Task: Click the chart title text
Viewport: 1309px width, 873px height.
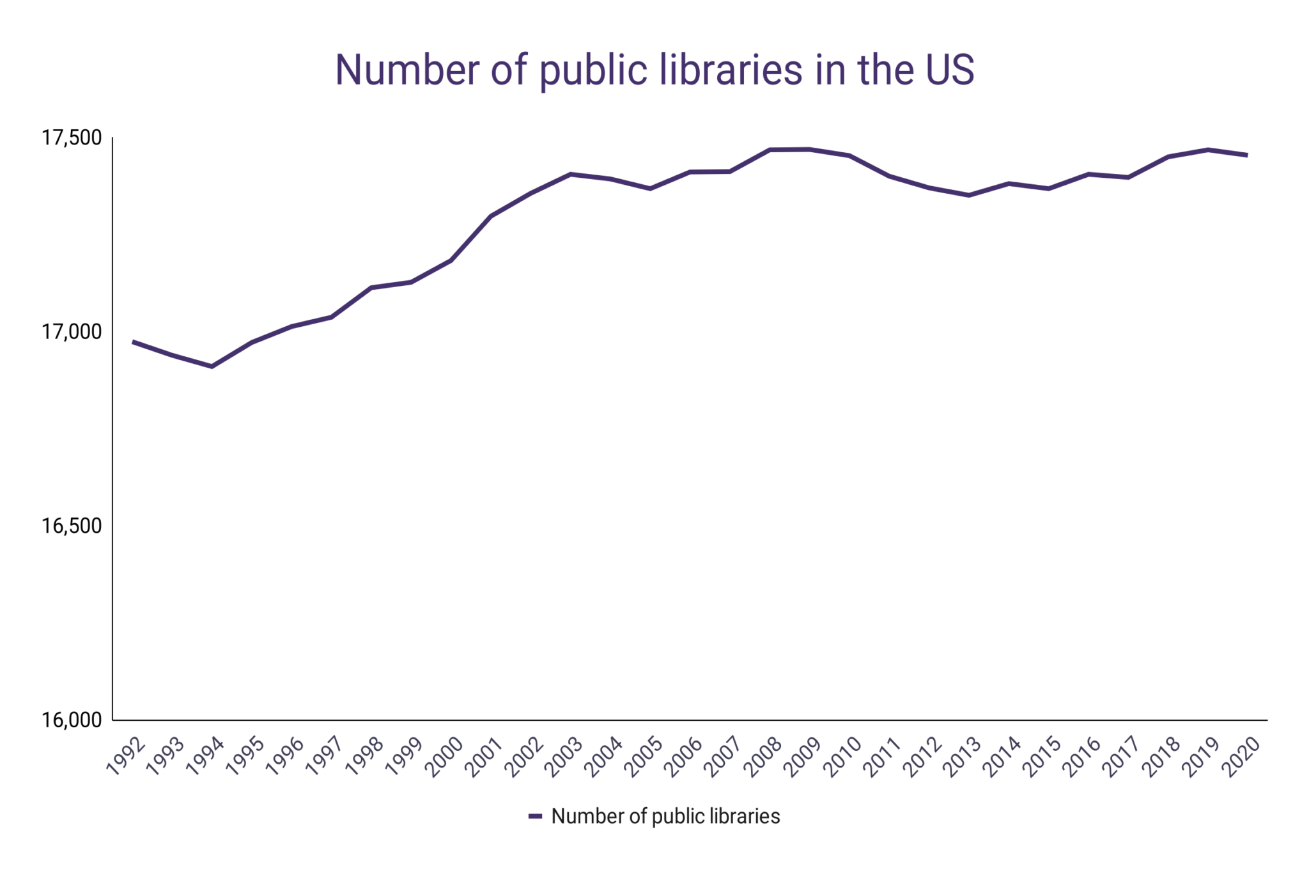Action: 654,70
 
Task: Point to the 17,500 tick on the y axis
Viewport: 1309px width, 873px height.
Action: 72,138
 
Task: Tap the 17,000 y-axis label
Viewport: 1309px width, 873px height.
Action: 72,332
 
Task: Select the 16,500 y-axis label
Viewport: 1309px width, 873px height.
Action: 72,526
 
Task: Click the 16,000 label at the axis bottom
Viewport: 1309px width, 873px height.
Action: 72,720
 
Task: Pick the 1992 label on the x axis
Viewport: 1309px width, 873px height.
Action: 126,757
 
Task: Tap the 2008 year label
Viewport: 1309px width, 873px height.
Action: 764,757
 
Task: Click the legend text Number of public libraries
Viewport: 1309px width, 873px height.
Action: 665,817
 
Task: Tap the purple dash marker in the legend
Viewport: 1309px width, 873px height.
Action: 535,817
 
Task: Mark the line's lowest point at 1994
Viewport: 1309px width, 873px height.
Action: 212,366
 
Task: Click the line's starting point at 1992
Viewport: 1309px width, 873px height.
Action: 133,342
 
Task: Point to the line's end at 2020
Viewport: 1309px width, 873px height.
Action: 1247,155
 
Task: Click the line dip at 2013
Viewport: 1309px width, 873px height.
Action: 969,195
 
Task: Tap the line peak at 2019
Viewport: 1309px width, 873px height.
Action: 1208,150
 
